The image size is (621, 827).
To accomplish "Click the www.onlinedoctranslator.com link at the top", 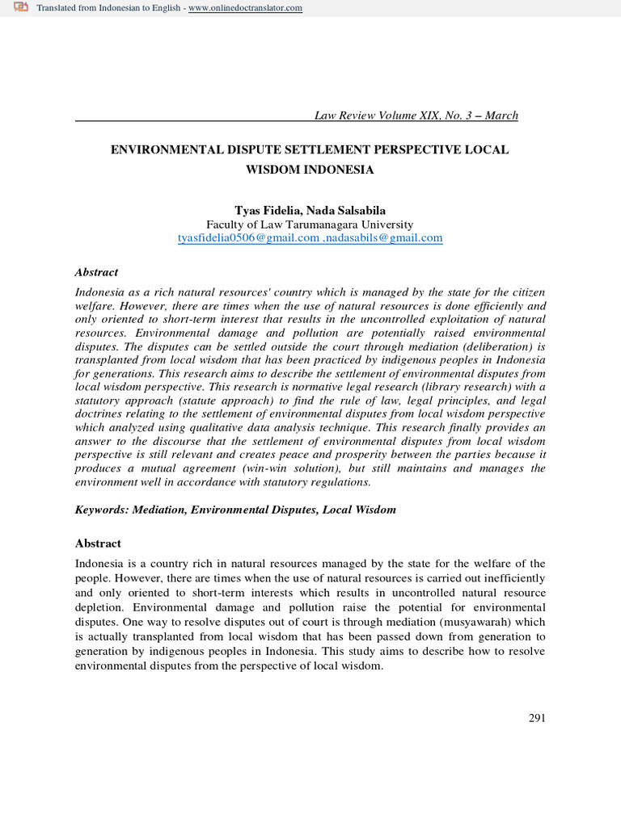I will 245,8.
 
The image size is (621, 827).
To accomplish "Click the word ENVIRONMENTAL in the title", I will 163,151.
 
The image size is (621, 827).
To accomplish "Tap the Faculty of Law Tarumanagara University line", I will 310,224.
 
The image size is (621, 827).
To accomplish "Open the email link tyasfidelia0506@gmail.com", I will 248,237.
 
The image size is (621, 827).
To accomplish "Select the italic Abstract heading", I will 96,272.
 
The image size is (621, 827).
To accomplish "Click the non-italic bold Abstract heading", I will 98,544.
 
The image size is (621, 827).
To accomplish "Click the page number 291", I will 537,718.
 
